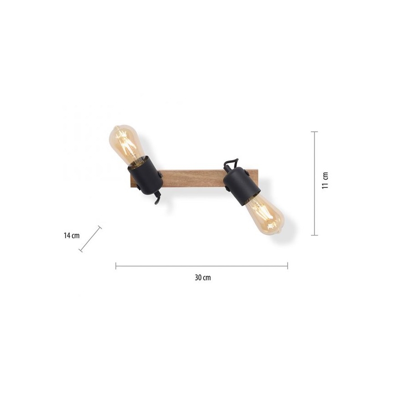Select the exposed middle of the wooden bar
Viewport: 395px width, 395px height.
click(x=192, y=178)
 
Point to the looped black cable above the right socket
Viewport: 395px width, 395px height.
click(x=231, y=164)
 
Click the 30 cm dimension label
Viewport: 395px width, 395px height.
click(x=203, y=278)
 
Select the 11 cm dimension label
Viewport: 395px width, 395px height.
click(x=325, y=180)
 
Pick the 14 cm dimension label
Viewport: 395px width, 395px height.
click(x=71, y=236)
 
